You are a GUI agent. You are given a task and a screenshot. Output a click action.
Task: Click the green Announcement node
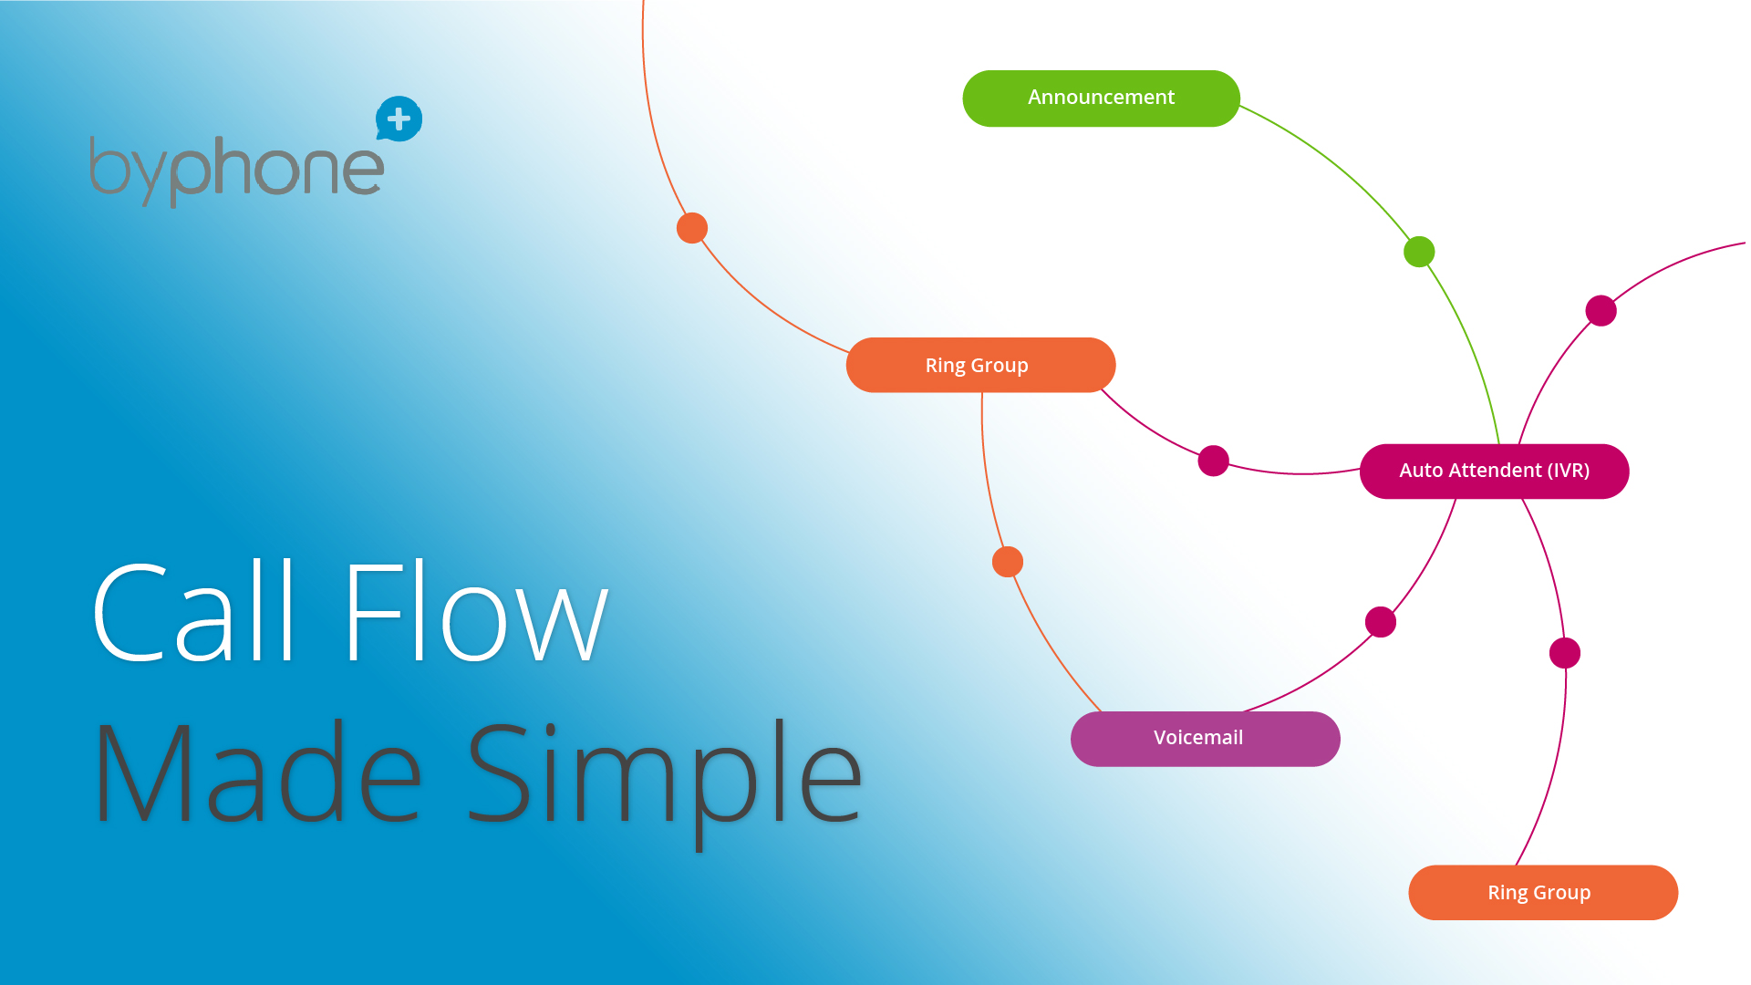click(x=1101, y=98)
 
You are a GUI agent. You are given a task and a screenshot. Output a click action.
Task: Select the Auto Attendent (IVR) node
click(x=1494, y=471)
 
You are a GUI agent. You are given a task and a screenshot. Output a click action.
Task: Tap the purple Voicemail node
click(x=1205, y=739)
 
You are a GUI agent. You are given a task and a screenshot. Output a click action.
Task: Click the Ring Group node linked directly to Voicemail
click(x=980, y=365)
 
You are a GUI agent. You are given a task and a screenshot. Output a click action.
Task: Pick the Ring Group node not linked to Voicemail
click(x=1543, y=892)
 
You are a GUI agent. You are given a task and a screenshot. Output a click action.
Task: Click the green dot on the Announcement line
click(x=1419, y=252)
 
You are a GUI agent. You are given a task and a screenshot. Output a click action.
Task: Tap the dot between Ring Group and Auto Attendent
click(x=1213, y=461)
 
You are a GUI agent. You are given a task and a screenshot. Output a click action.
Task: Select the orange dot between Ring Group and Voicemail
click(x=1008, y=562)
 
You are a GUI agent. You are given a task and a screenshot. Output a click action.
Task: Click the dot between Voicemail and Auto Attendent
click(x=1381, y=622)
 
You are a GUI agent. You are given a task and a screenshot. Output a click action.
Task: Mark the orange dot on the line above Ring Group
click(x=692, y=228)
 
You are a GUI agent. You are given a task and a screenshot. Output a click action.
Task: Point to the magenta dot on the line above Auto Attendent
click(x=1601, y=311)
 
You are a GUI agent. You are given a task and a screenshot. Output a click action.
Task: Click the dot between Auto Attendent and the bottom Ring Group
click(x=1565, y=653)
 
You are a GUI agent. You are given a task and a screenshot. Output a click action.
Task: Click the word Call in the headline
click(x=193, y=610)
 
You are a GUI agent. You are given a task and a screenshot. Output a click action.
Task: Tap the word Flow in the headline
click(x=476, y=610)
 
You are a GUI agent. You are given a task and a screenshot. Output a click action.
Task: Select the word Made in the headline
click(x=257, y=772)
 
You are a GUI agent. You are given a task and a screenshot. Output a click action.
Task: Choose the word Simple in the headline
click(x=665, y=784)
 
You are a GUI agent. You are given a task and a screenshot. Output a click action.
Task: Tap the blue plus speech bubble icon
click(x=399, y=119)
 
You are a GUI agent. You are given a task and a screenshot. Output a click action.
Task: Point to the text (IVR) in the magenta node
click(x=1568, y=471)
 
